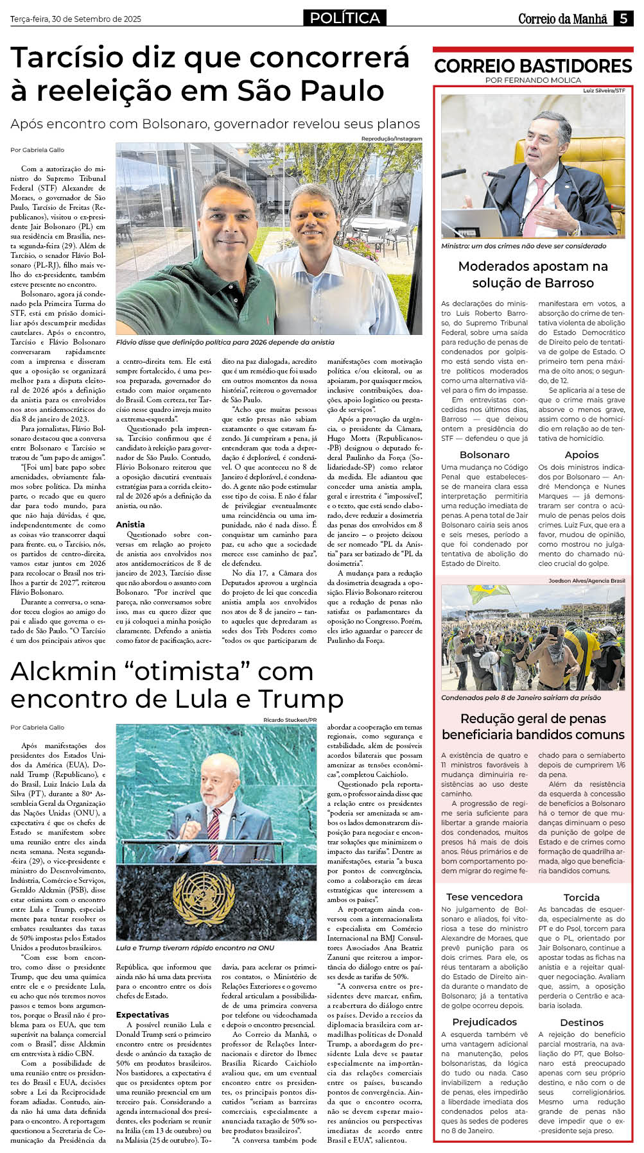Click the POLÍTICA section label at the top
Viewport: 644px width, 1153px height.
pyautogui.click(x=345, y=18)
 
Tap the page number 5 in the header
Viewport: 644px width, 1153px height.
pyautogui.click(x=623, y=19)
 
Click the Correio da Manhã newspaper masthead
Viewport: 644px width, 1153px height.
pyautogui.click(x=562, y=19)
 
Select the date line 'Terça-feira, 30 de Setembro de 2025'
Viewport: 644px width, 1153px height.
pyautogui.click(x=76, y=19)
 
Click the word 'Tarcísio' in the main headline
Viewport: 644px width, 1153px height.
pyautogui.click(x=67, y=58)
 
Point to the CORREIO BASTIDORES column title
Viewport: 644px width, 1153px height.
pyautogui.click(x=533, y=66)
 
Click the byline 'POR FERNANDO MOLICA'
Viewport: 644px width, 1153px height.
pyautogui.click(x=533, y=80)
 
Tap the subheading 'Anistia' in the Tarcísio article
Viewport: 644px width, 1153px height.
pyautogui.click(x=130, y=524)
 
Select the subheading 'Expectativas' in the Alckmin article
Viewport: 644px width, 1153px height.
pyautogui.click(x=143, y=1014)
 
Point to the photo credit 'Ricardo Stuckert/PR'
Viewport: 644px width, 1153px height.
pyautogui.click(x=290, y=720)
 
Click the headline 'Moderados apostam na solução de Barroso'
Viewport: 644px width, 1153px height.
pyautogui.click(x=533, y=274)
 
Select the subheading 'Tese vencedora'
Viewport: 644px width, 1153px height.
pyautogui.click(x=484, y=896)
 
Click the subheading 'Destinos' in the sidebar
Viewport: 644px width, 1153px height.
pyautogui.click(x=582, y=1022)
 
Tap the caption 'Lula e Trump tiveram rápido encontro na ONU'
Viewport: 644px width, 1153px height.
pyautogui.click(x=195, y=948)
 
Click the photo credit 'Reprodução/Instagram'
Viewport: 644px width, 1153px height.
pyautogui.click(x=392, y=139)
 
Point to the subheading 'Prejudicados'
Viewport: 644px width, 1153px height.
pyautogui.click(x=484, y=1021)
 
